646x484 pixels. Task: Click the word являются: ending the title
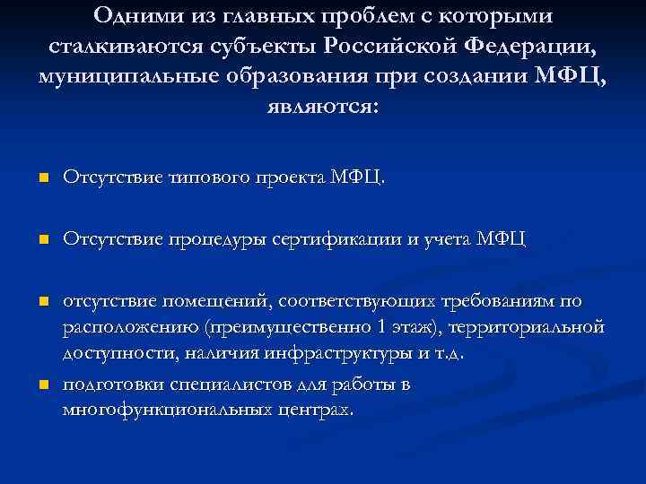[323, 106]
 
